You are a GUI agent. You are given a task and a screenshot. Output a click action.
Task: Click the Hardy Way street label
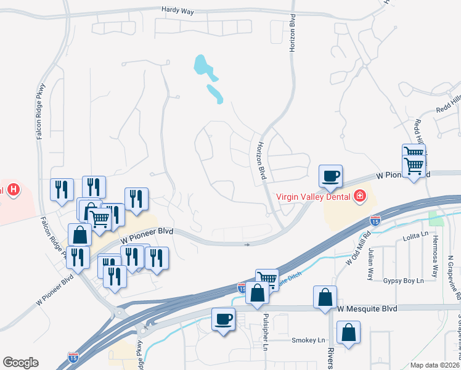pos(177,10)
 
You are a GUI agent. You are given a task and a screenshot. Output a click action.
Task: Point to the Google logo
pos(20,363)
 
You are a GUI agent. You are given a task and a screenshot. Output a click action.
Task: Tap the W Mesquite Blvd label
pos(367,307)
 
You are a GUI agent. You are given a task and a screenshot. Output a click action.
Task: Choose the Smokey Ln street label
pos(308,340)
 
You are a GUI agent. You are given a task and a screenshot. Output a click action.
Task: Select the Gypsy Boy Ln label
pos(404,281)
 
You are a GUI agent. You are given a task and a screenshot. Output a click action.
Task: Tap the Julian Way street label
pos(370,265)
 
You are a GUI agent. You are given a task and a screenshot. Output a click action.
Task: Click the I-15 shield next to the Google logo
pos(73,357)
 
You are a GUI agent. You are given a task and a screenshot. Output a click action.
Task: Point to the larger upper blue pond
pos(202,65)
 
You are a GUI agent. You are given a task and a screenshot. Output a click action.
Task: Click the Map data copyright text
pos(435,365)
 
